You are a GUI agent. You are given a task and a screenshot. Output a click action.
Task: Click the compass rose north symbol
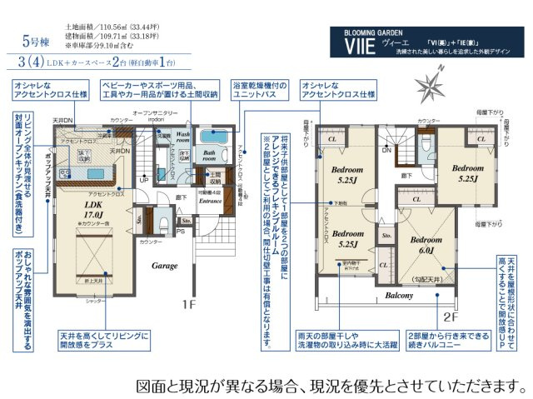coord(433,86)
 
